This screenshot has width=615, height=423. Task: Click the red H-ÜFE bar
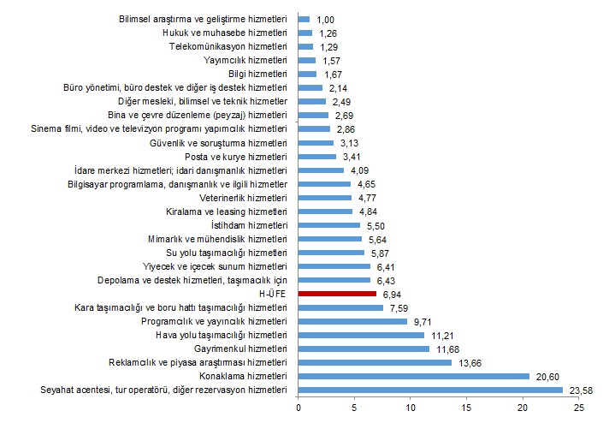(337, 294)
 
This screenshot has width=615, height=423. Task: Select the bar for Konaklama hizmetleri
(414, 376)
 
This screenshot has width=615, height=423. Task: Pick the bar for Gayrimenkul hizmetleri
(364, 349)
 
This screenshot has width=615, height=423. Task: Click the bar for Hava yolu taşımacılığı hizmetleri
(361, 335)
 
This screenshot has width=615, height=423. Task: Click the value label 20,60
(547, 376)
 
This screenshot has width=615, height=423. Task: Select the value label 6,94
(392, 294)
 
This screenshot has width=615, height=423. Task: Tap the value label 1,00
(325, 18)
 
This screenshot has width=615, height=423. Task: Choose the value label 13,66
(469, 362)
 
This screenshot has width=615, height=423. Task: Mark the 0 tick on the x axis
(298, 408)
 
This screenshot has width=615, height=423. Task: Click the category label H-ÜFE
(273, 294)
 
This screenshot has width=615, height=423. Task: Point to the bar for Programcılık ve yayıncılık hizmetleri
(352, 321)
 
